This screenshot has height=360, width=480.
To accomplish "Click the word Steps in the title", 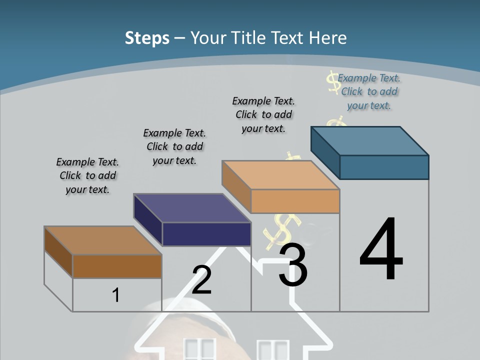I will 147,38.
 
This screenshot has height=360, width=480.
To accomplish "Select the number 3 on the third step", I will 293,265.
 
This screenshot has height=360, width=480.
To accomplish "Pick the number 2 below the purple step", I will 201,280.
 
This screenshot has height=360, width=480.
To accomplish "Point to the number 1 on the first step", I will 116,295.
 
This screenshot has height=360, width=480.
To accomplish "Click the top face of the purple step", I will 192,208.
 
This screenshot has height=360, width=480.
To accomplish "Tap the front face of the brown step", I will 117,266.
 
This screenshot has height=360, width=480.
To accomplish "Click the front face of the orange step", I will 295,201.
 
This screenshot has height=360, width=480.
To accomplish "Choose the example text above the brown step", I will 87,175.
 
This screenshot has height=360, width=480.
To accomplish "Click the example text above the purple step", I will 174,146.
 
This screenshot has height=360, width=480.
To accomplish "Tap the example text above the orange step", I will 263,114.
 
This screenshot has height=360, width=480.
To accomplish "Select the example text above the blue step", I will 369,91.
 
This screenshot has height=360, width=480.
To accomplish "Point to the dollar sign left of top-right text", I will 332,81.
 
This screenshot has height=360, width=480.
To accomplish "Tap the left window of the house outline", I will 199,349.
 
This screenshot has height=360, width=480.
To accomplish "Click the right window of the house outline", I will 273,350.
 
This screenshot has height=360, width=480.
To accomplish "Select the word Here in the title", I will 327,38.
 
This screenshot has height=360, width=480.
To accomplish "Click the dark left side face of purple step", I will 148,220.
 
